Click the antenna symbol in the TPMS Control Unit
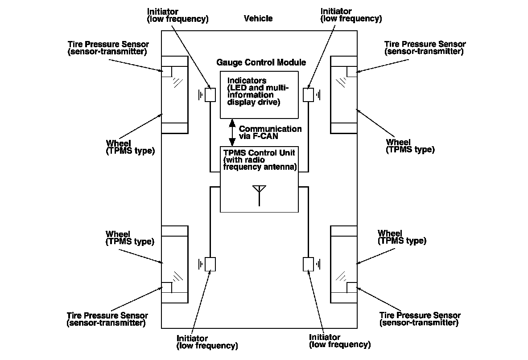coord(259,194)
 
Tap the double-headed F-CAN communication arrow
coord(232,132)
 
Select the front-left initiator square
coord(210,95)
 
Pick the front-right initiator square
coord(308,95)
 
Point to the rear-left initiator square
coord(210,264)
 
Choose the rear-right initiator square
coord(308,264)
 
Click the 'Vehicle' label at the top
coord(258,18)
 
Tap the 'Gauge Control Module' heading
coord(261,62)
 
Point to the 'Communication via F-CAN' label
coord(270,132)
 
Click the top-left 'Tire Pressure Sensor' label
coord(108,44)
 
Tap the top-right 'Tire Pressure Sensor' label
coord(425,44)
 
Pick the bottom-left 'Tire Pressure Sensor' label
coord(107,315)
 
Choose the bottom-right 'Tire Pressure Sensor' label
coord(420,315)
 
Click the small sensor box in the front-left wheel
coord(166,72)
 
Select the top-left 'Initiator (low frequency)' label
coord(177,15)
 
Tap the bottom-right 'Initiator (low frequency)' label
coord(339,341)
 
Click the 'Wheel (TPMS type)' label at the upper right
coord(410,146)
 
